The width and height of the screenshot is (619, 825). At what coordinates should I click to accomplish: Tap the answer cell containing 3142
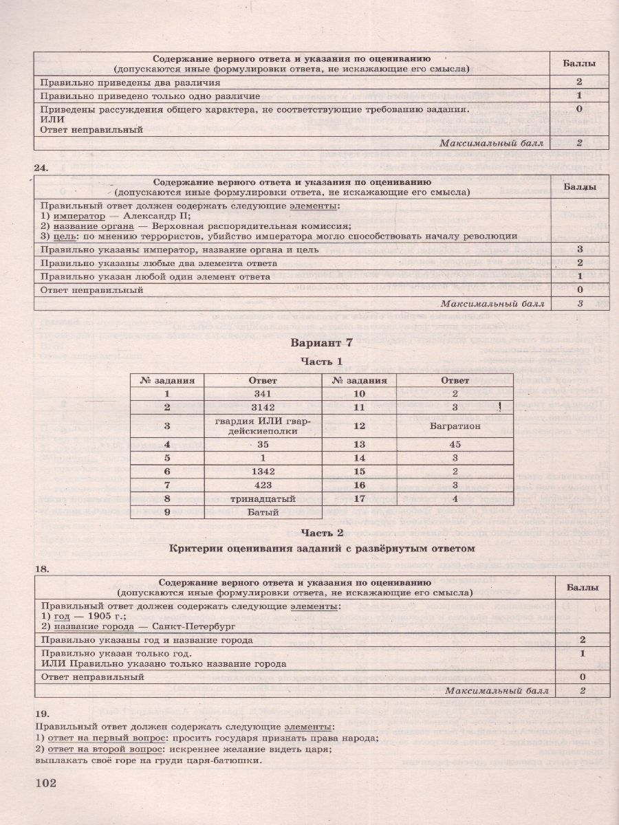coord(263,407)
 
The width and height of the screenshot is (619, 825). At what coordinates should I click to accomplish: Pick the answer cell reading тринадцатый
coord(263,498)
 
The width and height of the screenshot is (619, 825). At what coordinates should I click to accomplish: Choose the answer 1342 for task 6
coord(263,471)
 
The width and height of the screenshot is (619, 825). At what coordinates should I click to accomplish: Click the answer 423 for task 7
coord(263,484)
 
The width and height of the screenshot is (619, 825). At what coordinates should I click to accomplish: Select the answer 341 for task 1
coord(263,394)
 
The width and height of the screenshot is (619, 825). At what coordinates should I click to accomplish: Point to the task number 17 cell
coord(359,498)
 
